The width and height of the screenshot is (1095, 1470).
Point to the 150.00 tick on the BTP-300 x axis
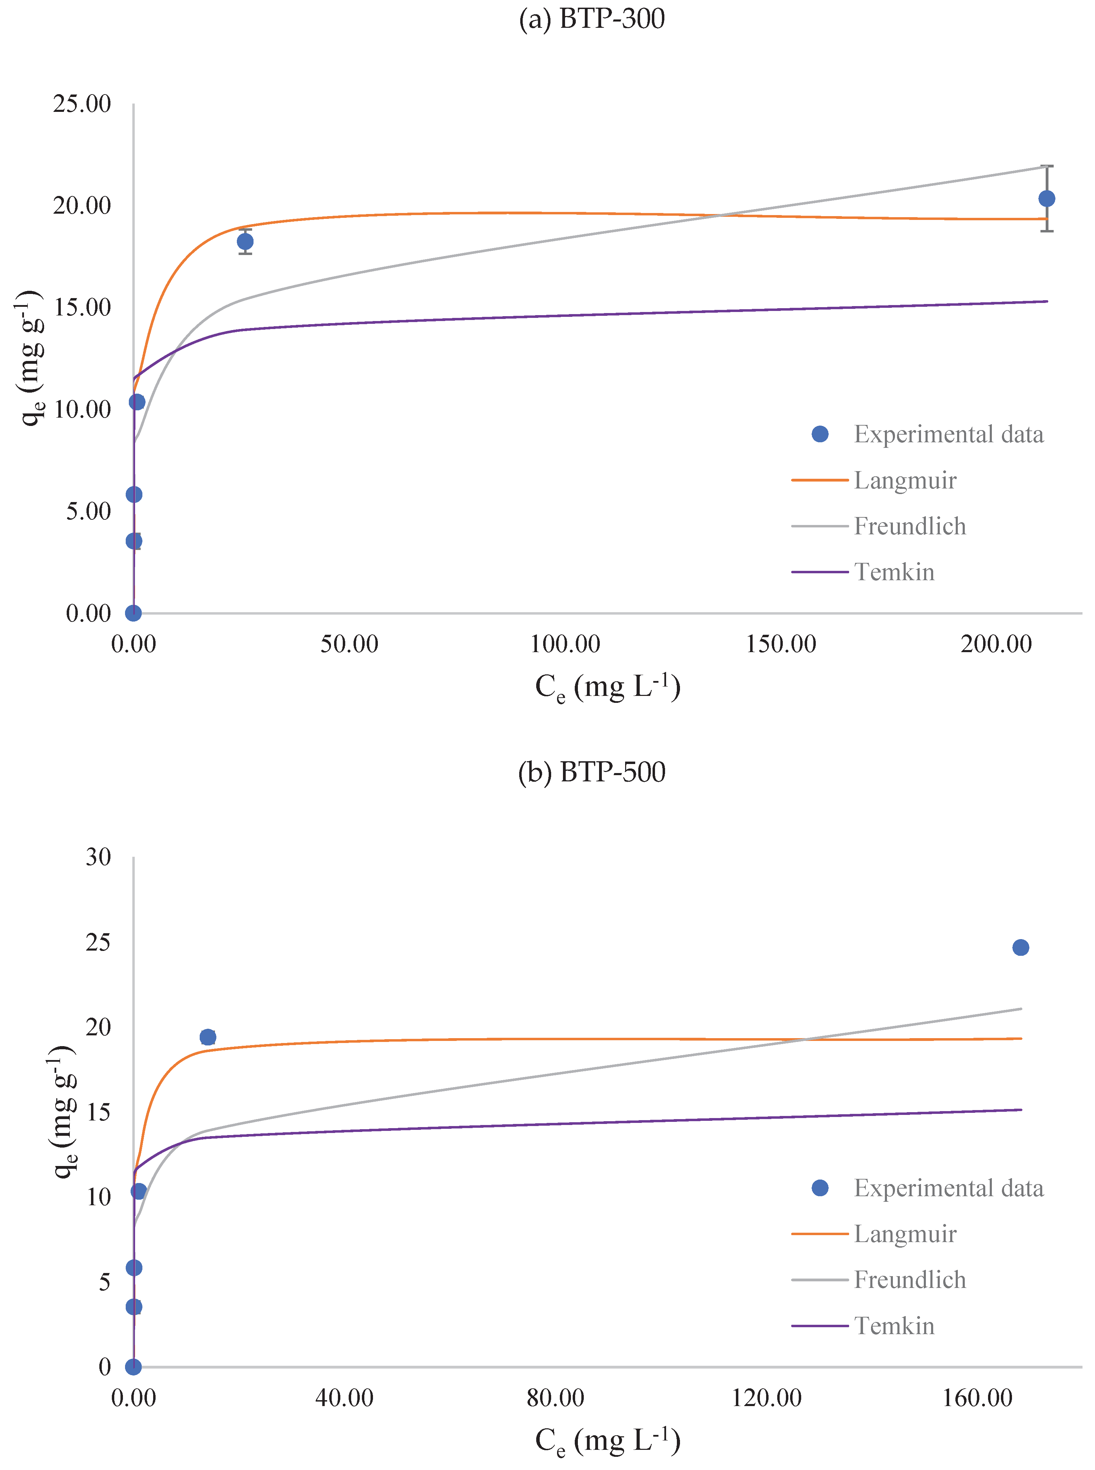(x=781, y=644)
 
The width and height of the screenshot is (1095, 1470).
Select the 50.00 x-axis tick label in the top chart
(x=349, y=644)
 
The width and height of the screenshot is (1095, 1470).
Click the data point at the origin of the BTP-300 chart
(x=133, y=613)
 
